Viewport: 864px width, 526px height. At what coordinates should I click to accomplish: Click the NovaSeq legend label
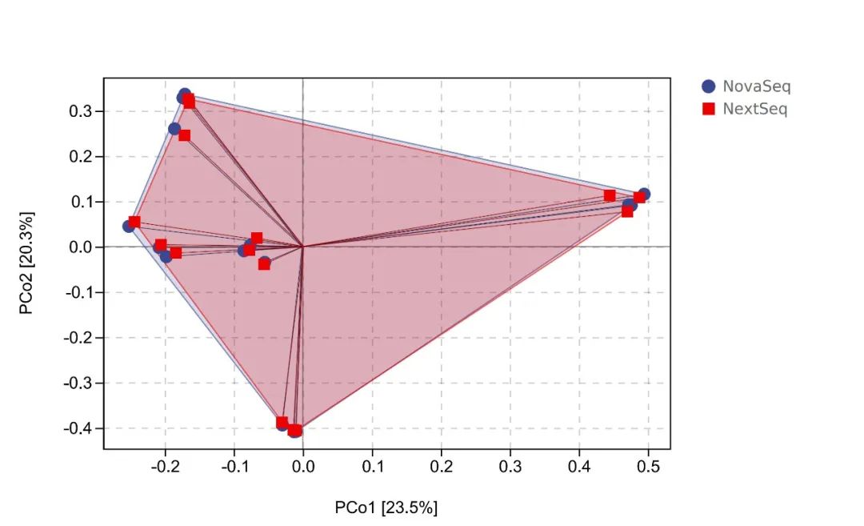(756, 86)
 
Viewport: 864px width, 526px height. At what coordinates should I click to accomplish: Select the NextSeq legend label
(754, 109)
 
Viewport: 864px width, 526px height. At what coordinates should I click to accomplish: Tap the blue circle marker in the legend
(708, 86)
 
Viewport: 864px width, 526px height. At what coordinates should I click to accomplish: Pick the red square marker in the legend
(708, 109)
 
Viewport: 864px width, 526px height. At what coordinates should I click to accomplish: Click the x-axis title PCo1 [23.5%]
(386, 507)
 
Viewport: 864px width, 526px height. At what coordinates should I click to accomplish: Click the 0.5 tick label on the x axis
(648, 465)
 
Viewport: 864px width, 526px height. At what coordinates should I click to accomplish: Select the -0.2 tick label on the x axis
(164, 465)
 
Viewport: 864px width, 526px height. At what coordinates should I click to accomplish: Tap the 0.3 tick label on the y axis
(80, 110)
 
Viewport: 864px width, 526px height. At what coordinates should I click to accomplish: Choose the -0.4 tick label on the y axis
(78, 428)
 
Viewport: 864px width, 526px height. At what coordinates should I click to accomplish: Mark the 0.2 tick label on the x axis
(441, 465)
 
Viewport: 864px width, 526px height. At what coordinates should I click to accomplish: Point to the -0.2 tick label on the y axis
(78, 338)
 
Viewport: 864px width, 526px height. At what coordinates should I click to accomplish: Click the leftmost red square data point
(134, 222)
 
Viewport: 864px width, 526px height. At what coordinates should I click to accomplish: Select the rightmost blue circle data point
(644, 194)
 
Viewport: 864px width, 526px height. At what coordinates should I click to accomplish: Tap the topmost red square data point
(190, 102)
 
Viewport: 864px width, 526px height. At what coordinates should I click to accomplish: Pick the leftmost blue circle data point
(129, 227)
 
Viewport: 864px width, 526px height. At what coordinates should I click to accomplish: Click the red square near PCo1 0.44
(610, 195)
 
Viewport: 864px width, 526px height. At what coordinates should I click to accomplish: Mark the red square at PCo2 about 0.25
(184, 135)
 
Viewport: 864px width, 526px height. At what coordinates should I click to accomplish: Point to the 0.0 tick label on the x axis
(302, 465)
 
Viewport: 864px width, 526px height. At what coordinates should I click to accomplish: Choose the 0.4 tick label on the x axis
(579, 465)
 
